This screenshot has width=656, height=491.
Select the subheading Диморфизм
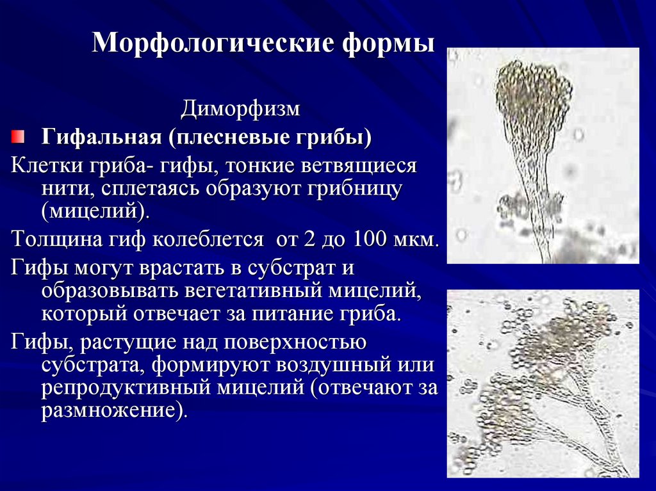click(240, 108)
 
